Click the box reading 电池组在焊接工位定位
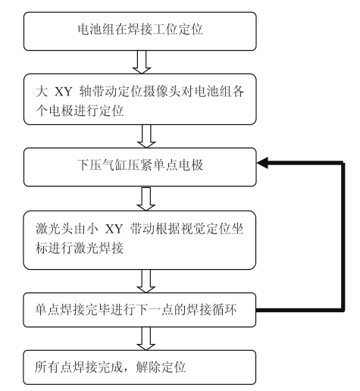pos(140,31)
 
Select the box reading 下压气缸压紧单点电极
pos(140,167)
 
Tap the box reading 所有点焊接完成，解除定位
pos(139,368)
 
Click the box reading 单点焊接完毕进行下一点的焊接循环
pos(139,310)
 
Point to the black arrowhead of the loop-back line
pos(262,163)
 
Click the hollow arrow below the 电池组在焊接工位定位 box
pos(142,62)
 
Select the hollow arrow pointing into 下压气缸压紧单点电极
pos(146,136)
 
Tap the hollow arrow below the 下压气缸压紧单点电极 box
pos(146,199)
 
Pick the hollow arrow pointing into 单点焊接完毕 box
pos(146,281)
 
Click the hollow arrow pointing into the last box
pos(146,339)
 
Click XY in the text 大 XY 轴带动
pos(64,92)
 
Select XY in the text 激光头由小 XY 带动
pos(114,230)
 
